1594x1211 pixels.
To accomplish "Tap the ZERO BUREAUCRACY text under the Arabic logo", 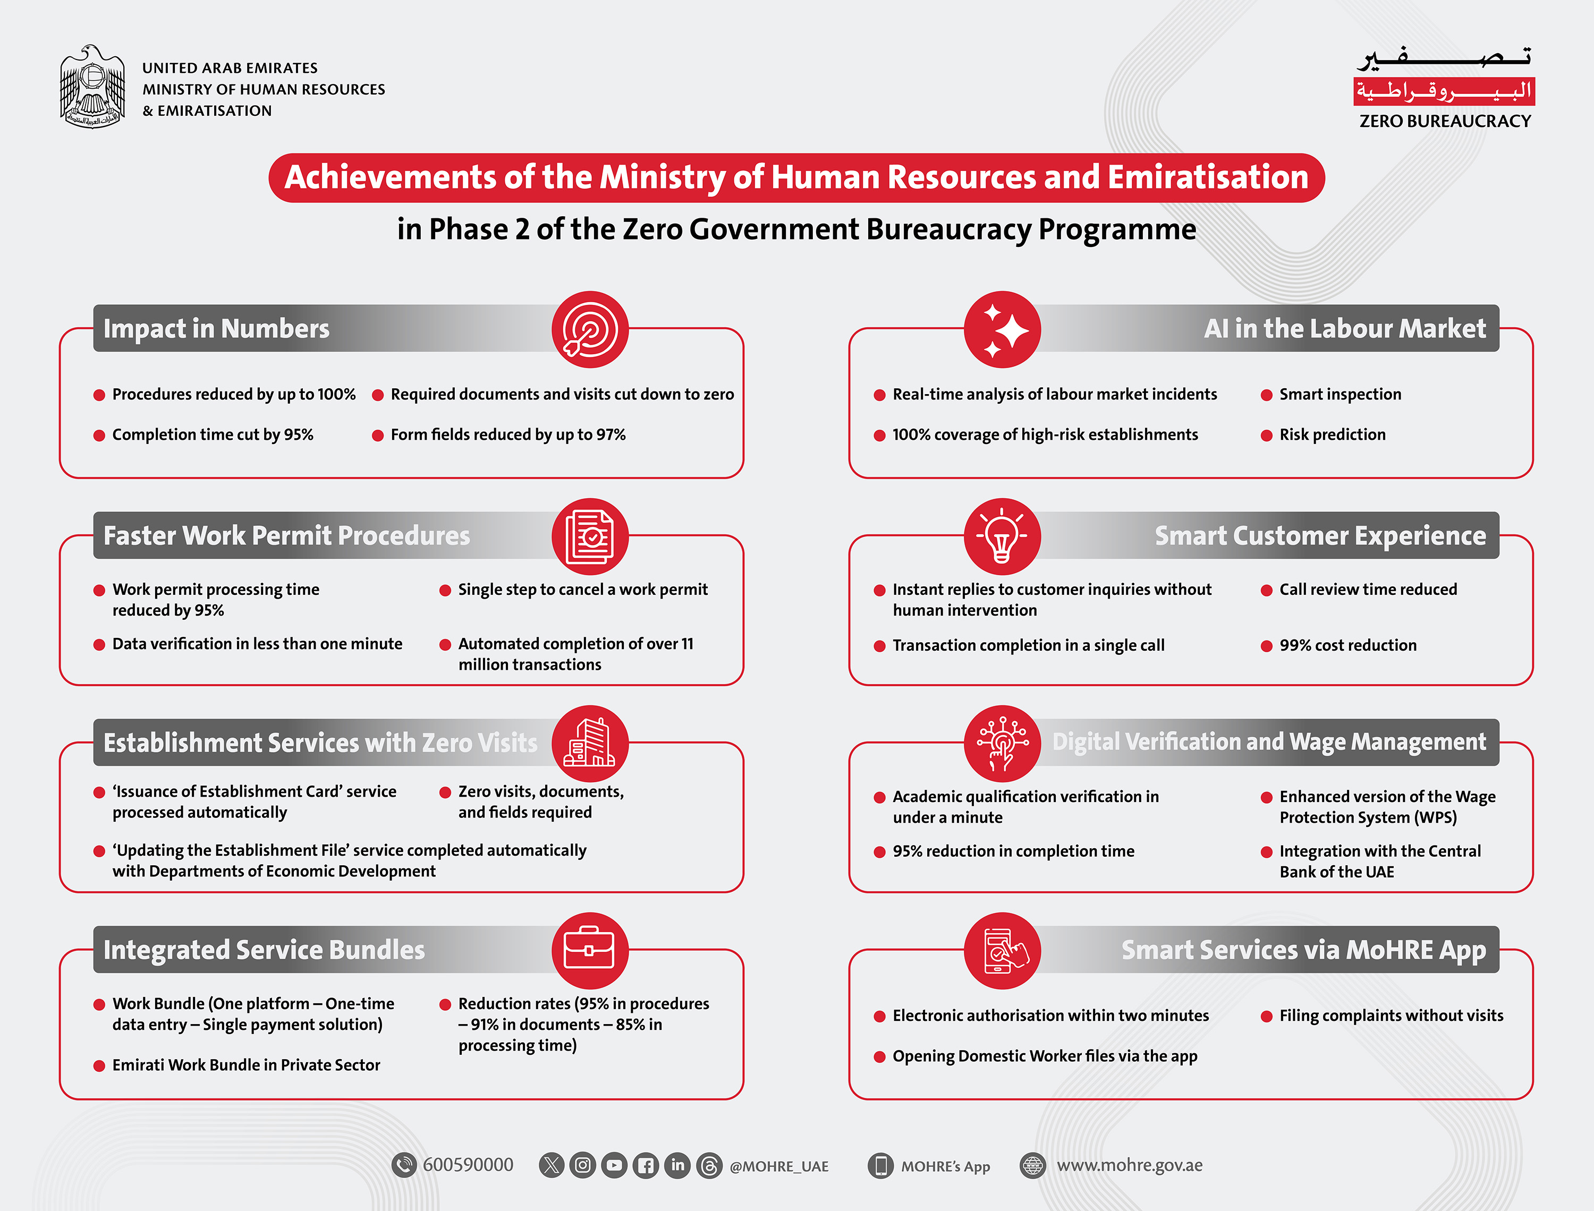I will coord(1445,121).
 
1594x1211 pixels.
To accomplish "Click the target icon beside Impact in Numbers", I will coord(590,329).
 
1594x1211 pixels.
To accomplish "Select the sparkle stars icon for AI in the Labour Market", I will coord(1002,329).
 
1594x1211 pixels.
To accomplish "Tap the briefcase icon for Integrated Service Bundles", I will coord(590,951).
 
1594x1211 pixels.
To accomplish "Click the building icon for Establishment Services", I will coord(590,743).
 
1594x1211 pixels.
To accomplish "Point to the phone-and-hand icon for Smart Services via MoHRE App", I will coord(1002,951).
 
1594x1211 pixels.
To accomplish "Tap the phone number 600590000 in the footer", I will coord(468,1165).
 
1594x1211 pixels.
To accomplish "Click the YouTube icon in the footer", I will coord(614,1165).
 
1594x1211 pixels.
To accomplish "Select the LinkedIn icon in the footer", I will coord(677,1165).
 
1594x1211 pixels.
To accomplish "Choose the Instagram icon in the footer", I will coord(582,1165).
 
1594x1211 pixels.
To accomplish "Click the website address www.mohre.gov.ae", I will coord(1129,1165).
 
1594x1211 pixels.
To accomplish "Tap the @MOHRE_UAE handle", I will coord(778,1166).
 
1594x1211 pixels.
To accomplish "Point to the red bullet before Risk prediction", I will coord(1266,436).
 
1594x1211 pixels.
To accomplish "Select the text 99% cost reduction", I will coord(1347,645).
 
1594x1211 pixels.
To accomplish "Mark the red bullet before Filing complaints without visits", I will coord(1266,1017).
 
